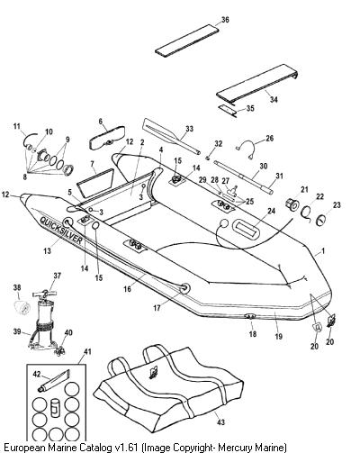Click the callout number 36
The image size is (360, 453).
(x=225, y=20)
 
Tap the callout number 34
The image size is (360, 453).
(x=274, y=99)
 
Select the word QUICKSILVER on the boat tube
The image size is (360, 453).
(x=61, y=230)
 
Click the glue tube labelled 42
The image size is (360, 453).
(x=53, y=381)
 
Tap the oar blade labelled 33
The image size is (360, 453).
(x=159, y=129)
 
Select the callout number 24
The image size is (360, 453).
(x=271, y=212)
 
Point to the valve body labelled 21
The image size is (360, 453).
(x=291, y=205)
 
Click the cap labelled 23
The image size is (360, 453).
(x=322, y=220)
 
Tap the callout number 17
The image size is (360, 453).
(x=157, y=308)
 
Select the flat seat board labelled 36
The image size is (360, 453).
(x=187, y=41)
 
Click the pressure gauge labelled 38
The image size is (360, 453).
(x=22, y=307)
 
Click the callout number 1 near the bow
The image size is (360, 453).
(x=323, y=250)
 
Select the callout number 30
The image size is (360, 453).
(x=263, y=166)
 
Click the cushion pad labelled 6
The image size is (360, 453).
(x=107, y=138)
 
